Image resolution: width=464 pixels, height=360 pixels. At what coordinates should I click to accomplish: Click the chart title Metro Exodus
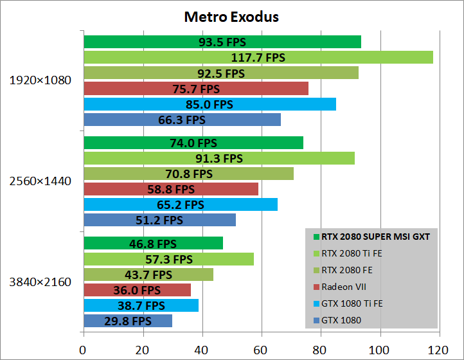tap(231, 17)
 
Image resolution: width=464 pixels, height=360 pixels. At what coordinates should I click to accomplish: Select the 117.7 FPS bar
tap(258, 57)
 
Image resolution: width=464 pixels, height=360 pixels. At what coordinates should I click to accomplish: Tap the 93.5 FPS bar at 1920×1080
tap(222, 42)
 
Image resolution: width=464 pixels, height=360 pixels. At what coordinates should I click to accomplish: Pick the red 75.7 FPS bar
tap(195, 88)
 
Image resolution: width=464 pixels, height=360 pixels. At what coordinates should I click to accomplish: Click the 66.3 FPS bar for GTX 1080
tap(182, 120)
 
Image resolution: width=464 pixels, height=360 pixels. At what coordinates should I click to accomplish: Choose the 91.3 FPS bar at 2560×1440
tap(219, 158)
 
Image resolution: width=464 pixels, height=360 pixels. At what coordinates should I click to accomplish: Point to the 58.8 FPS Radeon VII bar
tap(170, 189)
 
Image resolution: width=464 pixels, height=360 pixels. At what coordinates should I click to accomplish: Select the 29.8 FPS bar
tap(127, 321)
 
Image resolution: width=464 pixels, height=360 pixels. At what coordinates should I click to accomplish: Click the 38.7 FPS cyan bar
tap(141, 305)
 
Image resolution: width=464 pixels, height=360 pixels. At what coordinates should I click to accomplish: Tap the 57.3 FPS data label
tap(169, 259)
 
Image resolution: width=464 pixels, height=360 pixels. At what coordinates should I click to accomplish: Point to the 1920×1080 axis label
tap(40, 81)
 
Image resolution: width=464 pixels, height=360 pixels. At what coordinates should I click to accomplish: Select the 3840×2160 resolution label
tap(40, 282)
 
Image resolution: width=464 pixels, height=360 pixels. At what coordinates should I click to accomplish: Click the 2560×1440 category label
tap(40, 181)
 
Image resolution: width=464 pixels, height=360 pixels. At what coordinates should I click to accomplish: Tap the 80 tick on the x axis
tap(321, 350)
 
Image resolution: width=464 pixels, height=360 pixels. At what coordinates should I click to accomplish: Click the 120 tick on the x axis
tap(440, 350)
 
